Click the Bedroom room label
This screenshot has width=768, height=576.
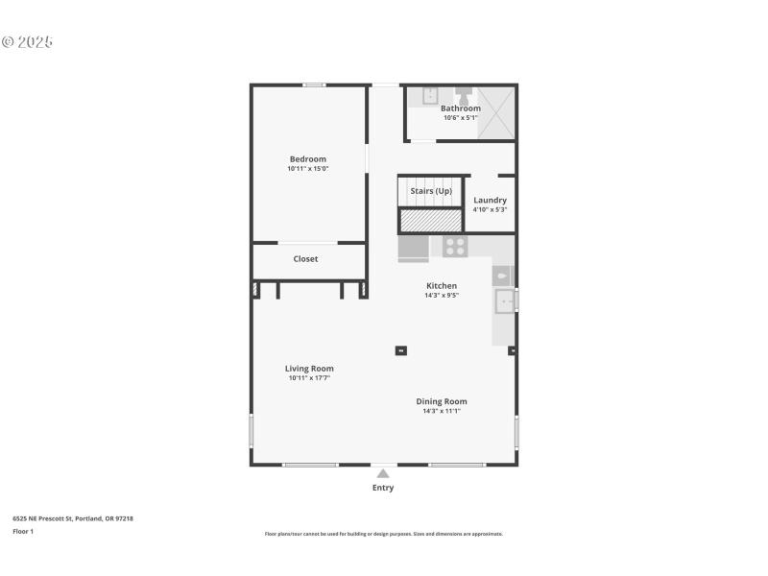click(x=308, y=158)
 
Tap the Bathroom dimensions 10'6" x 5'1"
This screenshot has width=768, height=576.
click(x=461, y=118)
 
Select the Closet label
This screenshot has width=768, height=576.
click(x=305, y=259)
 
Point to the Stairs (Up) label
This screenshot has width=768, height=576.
click(x=431, y=191)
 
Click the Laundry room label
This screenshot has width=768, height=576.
click(x=490, y=200)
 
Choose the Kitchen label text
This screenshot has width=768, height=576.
click(x=442, y=285)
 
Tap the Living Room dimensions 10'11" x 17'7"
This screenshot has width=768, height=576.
click(x=309, y=378)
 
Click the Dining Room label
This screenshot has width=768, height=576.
click(x=442, y=401)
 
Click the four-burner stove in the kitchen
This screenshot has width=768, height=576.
click(x=454, y=247)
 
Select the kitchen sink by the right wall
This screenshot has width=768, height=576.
click(x=504, y=302)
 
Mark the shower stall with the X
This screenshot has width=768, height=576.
click(x=496, y=112)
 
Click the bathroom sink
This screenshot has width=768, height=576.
click(x=431, y=95)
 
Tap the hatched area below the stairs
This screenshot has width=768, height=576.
click(x=431, y=221)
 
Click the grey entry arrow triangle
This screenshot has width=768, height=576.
click(x=383, y=472)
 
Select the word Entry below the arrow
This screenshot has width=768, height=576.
click(x=383, y=488)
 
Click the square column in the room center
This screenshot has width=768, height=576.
click(x=401, y=350)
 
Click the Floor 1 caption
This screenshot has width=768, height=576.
click(x=23, y=531)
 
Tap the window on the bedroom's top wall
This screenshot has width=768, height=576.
click(x=313, y=85)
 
